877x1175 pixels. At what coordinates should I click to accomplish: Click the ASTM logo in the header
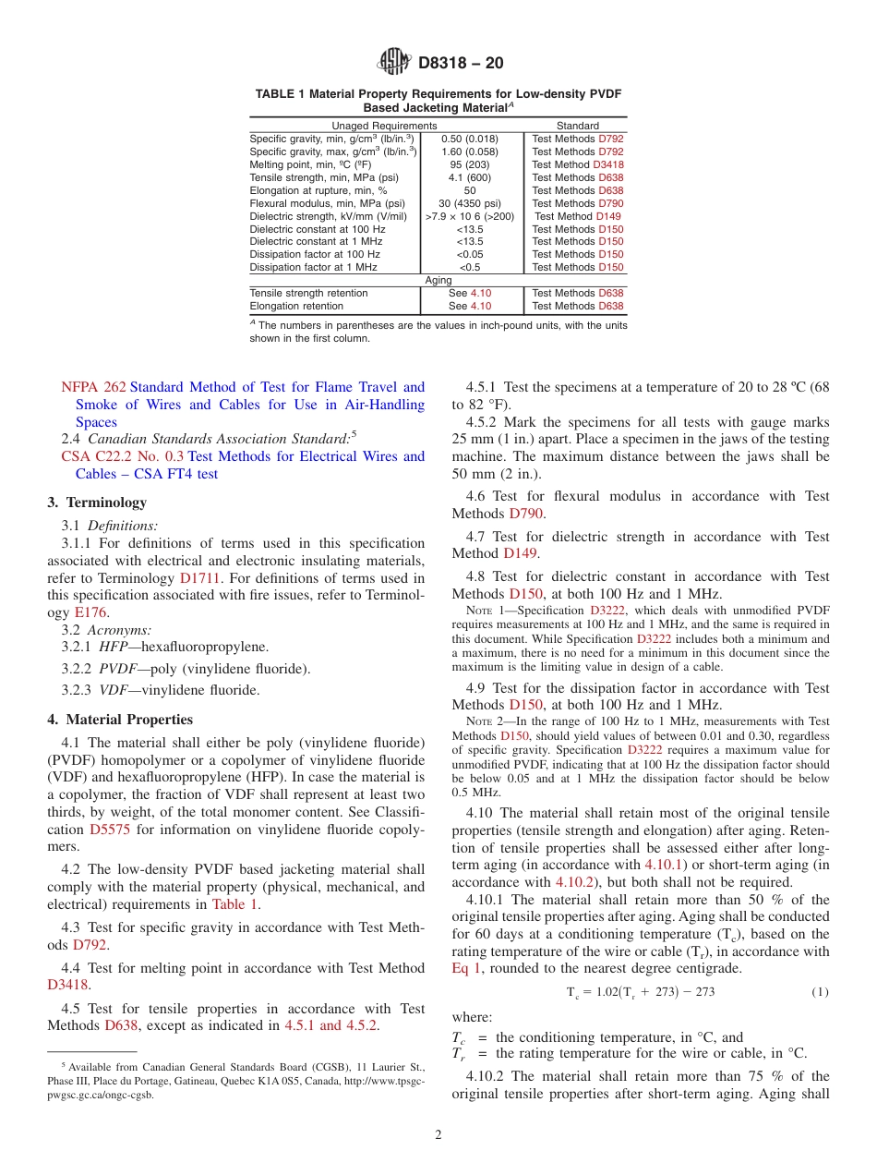[x=394, y=63]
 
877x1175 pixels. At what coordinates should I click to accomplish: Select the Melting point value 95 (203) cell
[x=470, y=164]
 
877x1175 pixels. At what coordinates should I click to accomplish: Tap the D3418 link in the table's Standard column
[x=608, y=164]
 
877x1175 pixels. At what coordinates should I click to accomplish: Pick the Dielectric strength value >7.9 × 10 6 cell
[x=470, y=216]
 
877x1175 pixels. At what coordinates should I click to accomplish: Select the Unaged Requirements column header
[x=384, y=126]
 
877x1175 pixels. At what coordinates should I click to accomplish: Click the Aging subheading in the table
[x=438, y=280]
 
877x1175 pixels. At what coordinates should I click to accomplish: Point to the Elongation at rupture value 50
[x=470, y=190]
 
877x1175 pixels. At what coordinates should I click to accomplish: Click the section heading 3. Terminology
[x=96, y=503]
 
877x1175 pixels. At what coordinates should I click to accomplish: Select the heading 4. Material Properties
[x=120, y=720]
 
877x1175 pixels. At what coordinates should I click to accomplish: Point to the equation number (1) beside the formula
[x=820, y=992]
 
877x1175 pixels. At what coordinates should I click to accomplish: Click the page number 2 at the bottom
[x=438, y=1135]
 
